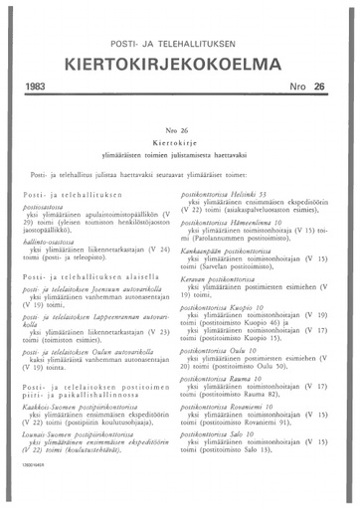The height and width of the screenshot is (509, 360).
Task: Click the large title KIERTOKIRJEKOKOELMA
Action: pyautogui.click(x=179, y=64)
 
